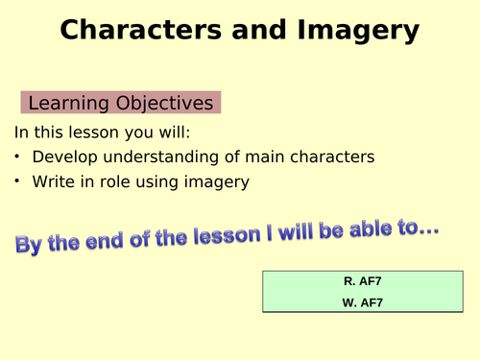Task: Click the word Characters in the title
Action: click(x=130, y=31)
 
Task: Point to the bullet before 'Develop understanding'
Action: click(x=18, y=156)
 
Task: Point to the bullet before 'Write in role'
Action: click(x=18, y=182)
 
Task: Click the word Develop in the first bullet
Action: click(x=63, y=156)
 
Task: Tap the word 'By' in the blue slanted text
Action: click(x=30, y=244)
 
